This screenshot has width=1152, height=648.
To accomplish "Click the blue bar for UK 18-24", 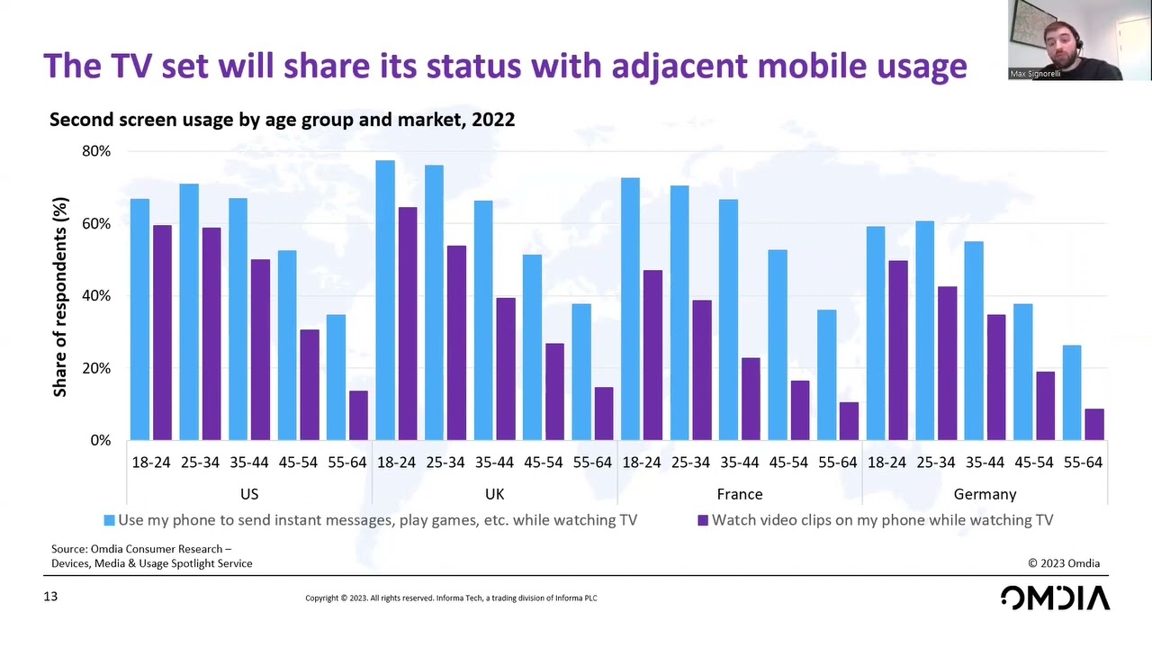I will point(385,301).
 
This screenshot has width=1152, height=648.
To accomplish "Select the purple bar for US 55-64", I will point(358,416).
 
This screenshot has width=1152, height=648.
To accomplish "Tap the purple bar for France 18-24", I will point(652,355).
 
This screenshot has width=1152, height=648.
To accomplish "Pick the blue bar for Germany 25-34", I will point(924,331).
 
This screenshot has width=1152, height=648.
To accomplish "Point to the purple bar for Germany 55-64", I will point(1093,425).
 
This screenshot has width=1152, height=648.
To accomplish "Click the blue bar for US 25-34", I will point(189,312).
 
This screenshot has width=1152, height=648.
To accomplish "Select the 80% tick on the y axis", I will point(96,151).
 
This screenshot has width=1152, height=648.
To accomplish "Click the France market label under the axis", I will point(740,494).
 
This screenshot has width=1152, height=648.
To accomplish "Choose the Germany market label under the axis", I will point(985,494).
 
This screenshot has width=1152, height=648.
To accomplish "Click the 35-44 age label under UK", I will point(494,463).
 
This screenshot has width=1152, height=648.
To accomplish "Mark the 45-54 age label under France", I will point(788,463).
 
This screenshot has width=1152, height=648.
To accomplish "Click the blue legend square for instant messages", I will point(109,520).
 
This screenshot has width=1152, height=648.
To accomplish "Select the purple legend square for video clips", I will point(703,520).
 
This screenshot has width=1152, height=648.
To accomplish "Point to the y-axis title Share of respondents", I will point(60,297).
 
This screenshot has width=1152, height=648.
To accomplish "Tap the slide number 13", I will point(50,597).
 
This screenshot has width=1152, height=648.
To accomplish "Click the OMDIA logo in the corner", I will point(1055,598).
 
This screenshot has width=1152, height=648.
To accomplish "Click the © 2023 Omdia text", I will point(1064,563).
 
